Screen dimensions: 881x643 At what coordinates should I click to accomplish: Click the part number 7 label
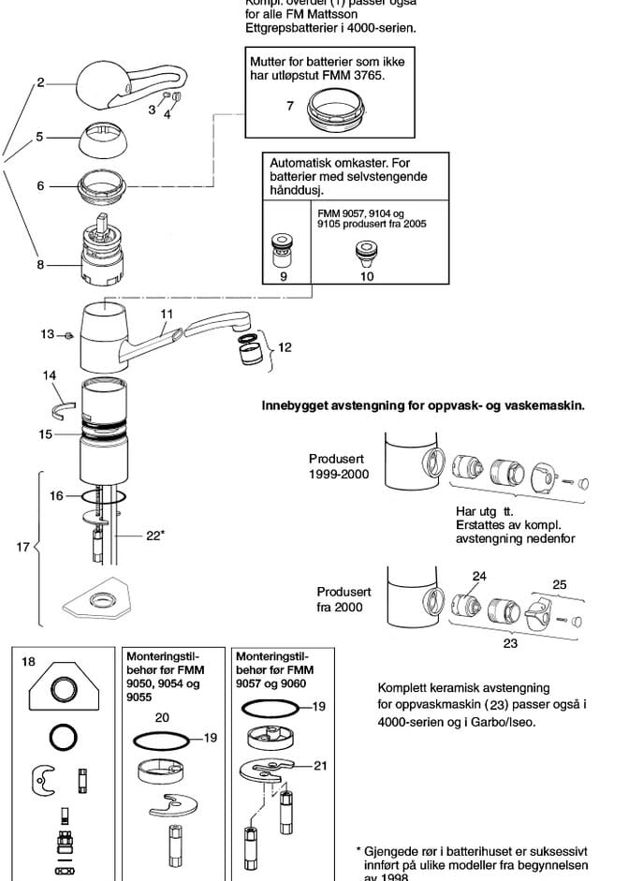pyautogui.click(x=290, y=107)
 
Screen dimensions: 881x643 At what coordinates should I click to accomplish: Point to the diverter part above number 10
pyautogui.click(x=364, y=253)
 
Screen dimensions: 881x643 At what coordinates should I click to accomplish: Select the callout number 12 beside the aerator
pyautogui.click(x=285, y=347)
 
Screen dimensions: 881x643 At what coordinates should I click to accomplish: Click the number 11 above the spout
pyautogui.click(x=168, y=314)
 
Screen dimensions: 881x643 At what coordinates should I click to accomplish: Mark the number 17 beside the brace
pyautogui.click(x=24, y=547)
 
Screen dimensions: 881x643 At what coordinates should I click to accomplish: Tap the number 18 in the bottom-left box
pyautogui.click(x=29, y=662)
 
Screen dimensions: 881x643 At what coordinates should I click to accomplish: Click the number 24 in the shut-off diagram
pyautogui.click(x=479, y=577)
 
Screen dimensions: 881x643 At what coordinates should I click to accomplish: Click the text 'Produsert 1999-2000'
pyautogui.click(x=339, y=466)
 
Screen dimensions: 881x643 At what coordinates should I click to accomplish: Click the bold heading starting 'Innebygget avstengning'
pyautogui.click(x=424, y=405)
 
